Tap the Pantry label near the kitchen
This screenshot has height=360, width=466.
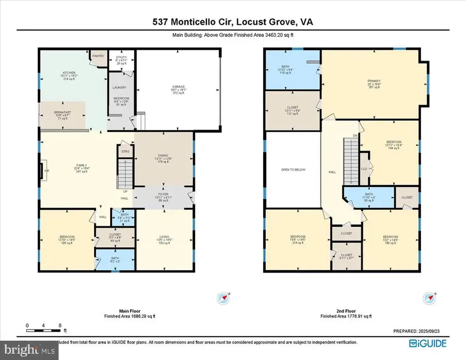98,55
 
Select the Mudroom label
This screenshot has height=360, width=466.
121,101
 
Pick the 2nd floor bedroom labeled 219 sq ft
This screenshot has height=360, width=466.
298,240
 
